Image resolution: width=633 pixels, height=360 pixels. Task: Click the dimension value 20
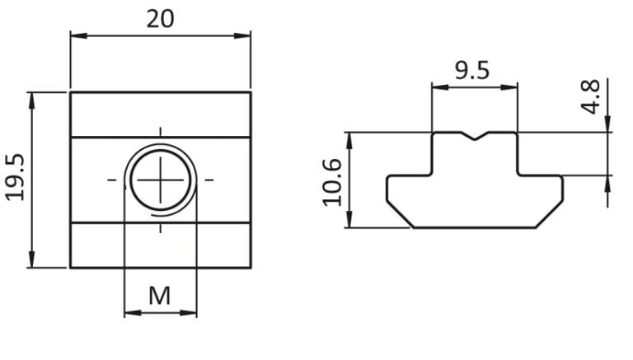coord(161,18)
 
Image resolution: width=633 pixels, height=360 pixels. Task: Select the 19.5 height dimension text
coord(16,178)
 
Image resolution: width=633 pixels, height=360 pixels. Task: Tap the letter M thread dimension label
coord(160,295)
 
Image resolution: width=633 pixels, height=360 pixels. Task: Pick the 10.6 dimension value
coord(331,181)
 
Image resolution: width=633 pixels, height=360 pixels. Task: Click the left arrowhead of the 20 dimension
coord(75,35)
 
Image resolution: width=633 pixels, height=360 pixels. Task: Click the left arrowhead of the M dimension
coord(129,313)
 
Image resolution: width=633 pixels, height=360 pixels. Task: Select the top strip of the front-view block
coord(160,114)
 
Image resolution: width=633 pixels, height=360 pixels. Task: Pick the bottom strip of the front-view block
coord(160,245)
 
